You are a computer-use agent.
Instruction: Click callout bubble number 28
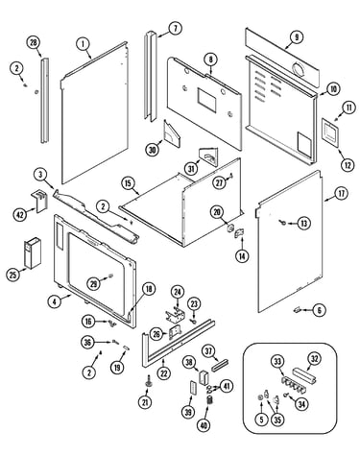34,43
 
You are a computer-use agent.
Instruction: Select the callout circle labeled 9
297,37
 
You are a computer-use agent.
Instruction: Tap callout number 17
342,194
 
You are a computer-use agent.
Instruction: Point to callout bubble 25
12,275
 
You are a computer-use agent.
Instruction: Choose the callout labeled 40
204,425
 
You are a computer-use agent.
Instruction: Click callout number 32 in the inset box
315,359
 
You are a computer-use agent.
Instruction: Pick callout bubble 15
128,183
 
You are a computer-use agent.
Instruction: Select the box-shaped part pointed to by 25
33,252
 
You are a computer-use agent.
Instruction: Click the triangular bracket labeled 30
172,132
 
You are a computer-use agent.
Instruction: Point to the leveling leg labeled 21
148,381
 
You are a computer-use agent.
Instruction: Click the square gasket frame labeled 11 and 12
330,132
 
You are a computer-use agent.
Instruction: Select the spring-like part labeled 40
210,400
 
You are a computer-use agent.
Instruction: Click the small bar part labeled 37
221,365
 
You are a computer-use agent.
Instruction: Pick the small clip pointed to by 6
297,309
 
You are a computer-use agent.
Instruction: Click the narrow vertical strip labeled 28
45,100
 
